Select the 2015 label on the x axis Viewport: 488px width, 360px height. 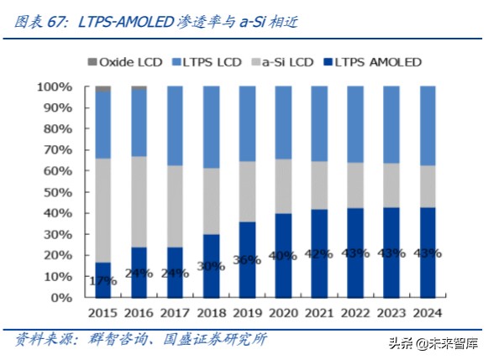(x=103, y=313)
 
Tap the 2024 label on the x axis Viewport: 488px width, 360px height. (x=428, y=313)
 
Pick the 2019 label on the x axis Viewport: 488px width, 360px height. (x=247, y=313)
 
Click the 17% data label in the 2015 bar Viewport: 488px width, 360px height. (x=103, y=280)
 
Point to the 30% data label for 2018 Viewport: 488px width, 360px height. (x=211, y=266)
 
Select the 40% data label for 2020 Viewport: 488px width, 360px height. (x=283, y=256)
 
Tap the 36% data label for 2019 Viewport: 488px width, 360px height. (x=247, y=260)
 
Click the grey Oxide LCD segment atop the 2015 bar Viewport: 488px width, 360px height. (x=103, y=88)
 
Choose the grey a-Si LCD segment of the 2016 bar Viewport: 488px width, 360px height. (x=139, y=201)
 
